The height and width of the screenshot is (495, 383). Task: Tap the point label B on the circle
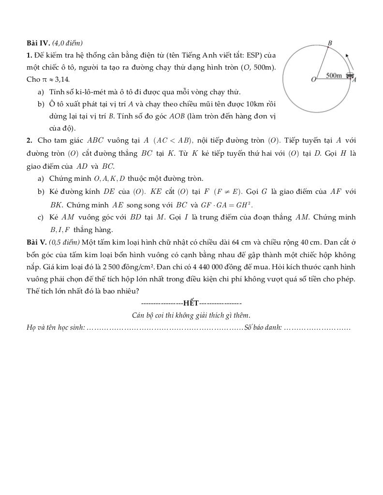pos(330,43)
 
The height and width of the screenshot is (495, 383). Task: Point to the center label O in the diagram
pos(313,79)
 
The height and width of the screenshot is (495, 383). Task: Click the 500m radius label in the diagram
pos(334,75)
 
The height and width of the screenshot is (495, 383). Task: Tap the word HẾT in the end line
pos(191,303)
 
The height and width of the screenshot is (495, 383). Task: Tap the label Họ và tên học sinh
pos(56,328)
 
